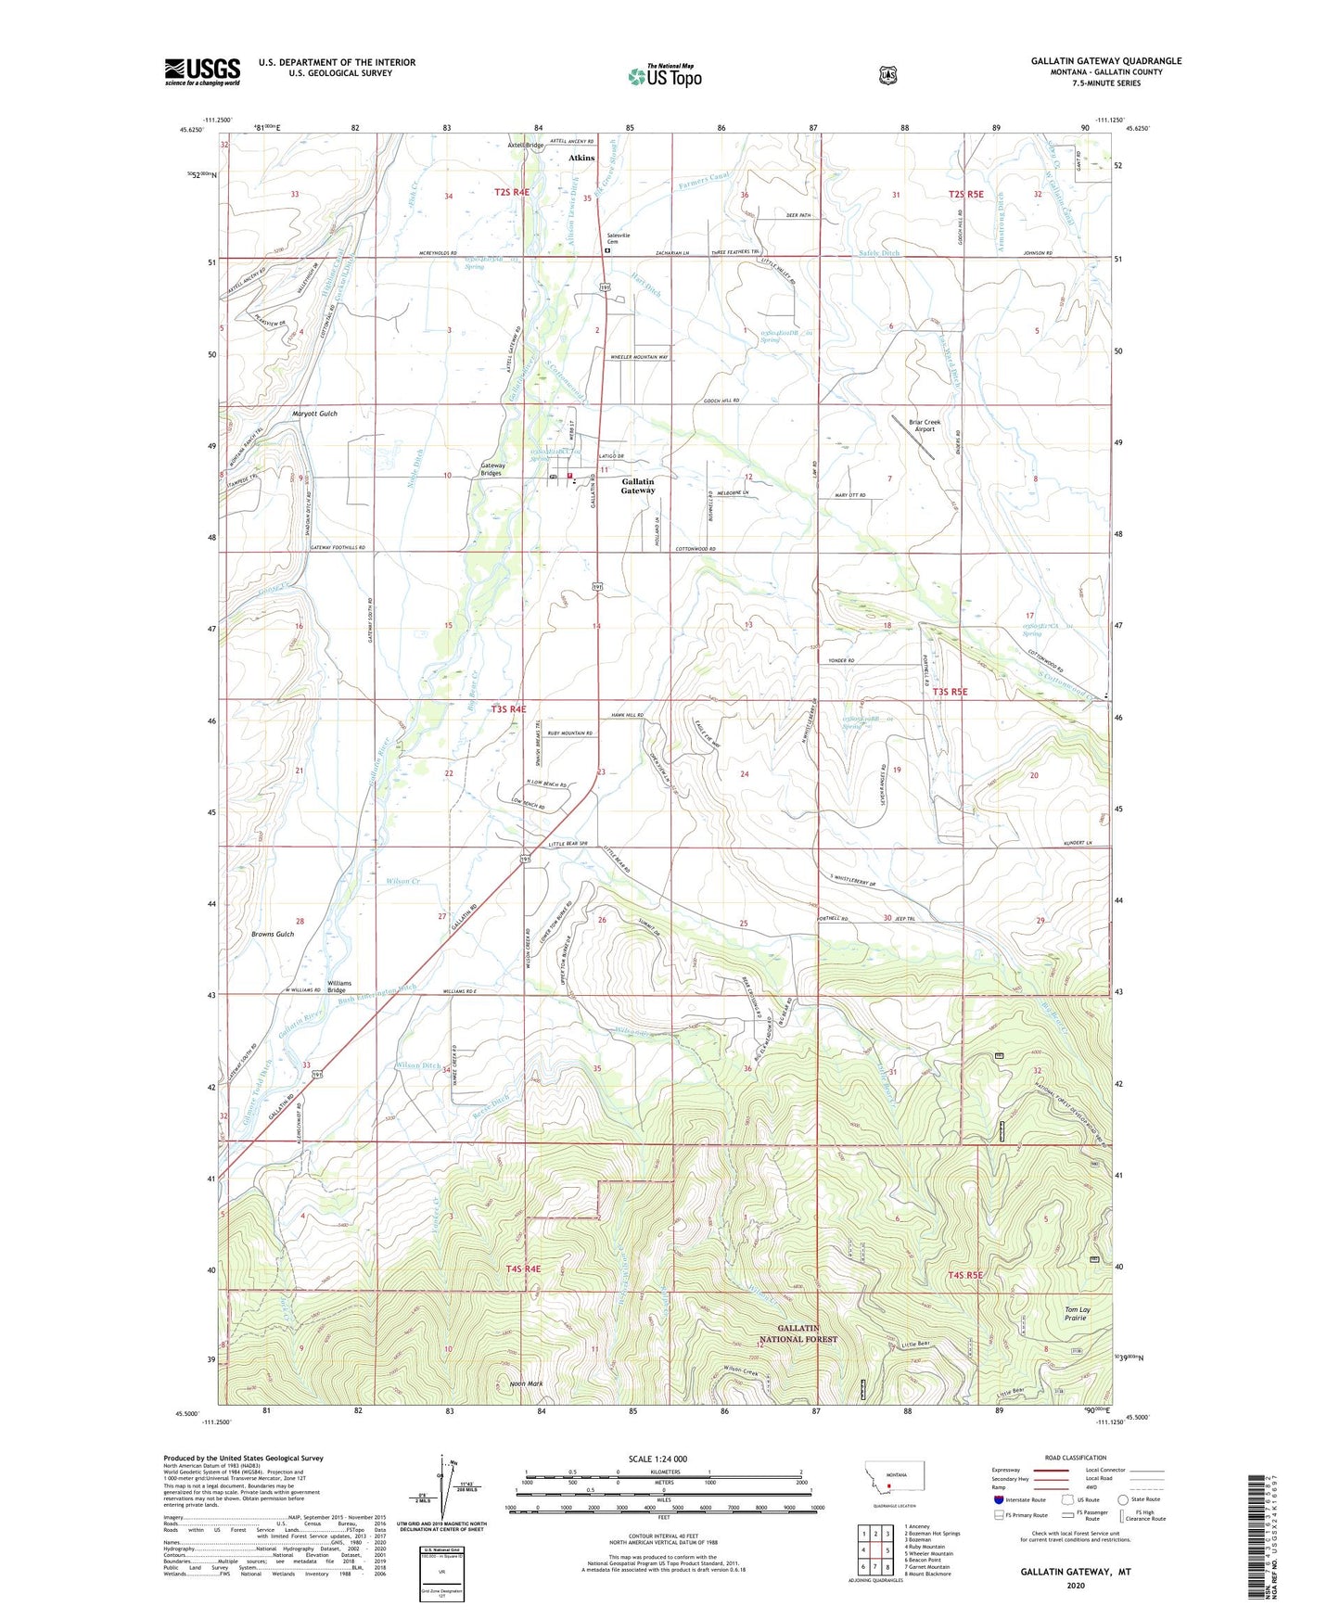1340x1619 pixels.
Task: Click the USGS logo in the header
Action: [x=202, y=71]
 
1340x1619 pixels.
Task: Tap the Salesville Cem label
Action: [x=613, y=239]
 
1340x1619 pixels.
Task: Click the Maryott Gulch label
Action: [x=314, y=414]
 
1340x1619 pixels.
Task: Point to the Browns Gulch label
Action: [x=273, y=934]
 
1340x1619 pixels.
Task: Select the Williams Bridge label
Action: [x=339, y=986]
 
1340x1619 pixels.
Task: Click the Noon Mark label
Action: [x=526, y=1383]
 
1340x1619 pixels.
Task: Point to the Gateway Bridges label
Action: [x=492, y=469]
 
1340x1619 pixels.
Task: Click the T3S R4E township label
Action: [x=509, y=708]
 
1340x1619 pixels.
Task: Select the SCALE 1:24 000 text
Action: [x=657, y=1459]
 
